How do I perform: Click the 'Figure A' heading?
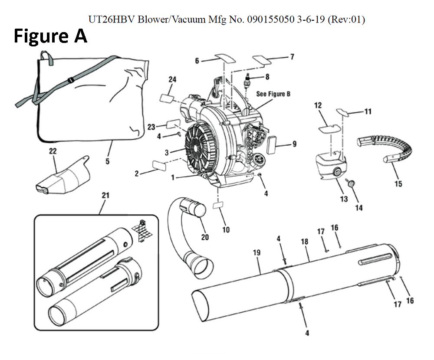pyautogui.click(x=51, y=36)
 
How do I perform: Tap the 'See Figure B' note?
pyautogui.click(x=273, y=94)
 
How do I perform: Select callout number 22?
pyautogui.click(x=53, y=151)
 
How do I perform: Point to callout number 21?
pyautogui.click(x=105, y=196)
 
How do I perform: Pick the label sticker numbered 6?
pyautogui.click(x=224, y=58)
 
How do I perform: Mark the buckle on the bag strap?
pyautogui.click(x=70, y=80)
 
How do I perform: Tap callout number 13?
pyautogui.click(x=344, y=199)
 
